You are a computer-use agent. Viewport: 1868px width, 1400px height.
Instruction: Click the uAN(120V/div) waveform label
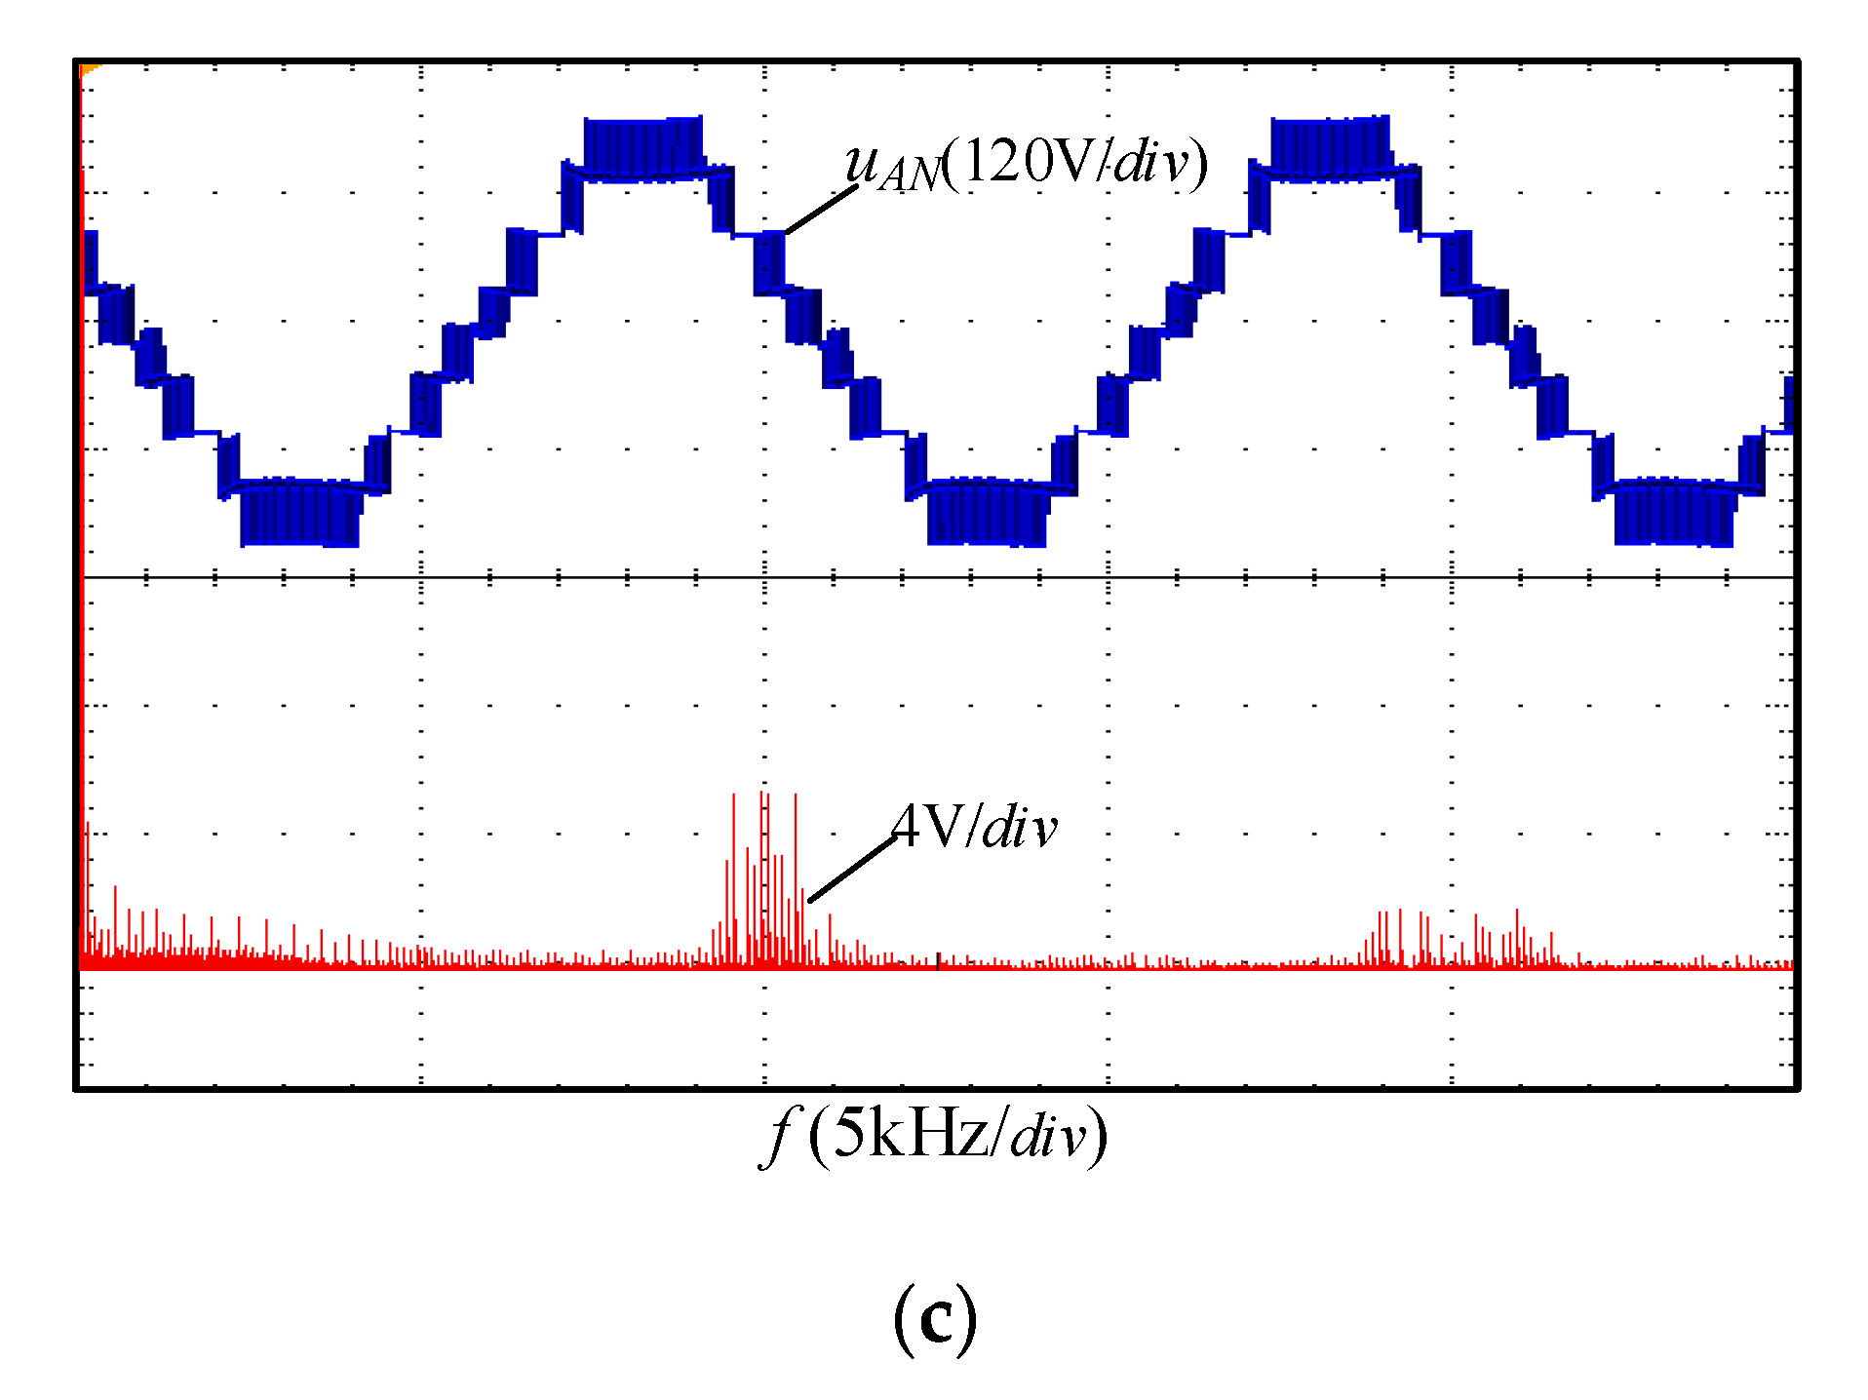[x=1026, y=163]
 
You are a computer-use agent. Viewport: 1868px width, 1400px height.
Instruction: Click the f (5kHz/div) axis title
[x=934, y=1135]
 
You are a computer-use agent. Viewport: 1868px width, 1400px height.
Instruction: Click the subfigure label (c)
[x=934, y=1319]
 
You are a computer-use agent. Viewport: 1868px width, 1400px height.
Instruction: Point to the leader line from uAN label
[x=821, y=210]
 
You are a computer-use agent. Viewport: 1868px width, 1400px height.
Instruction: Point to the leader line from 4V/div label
[x=852, y=869]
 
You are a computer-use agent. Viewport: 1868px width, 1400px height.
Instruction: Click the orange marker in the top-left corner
[x=90, y=68]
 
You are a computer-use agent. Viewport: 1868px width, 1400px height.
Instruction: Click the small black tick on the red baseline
[x=938, y=961]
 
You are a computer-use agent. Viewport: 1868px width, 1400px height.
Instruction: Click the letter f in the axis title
[x=778, y=1136]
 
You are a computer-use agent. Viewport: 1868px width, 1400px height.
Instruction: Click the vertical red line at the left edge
[x=82, y=487]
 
